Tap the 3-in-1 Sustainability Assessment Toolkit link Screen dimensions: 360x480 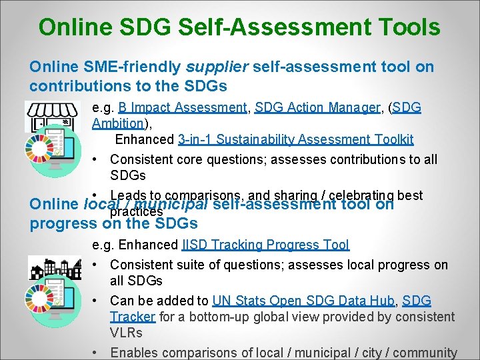296,139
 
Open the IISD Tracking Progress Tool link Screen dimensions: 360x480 265,245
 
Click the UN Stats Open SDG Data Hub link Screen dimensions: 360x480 303,301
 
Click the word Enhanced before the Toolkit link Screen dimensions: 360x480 145,139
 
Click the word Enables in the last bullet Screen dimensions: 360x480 133,353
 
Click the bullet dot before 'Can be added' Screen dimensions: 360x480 97,301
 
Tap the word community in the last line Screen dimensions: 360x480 425,353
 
